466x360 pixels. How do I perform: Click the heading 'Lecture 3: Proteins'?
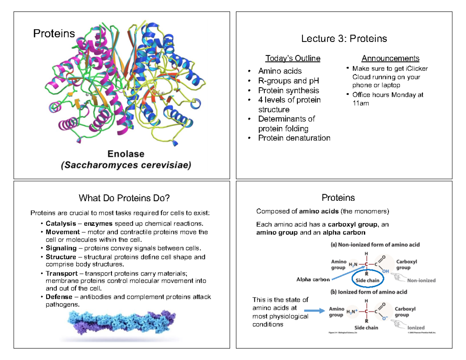click(344, 39)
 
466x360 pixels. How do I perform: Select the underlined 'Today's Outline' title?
click(293, 59)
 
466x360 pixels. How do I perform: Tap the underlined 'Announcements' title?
click(390, 59)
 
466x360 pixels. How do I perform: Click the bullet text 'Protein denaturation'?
click(294, 138)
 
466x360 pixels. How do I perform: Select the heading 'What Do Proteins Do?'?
click(124, 198)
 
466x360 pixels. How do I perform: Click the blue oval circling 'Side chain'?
click(367, 280)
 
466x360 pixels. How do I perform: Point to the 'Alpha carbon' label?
click(313, 279)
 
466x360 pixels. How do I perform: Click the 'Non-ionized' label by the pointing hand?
click(421, 280)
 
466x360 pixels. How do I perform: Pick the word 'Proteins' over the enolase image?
click(54, 34)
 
